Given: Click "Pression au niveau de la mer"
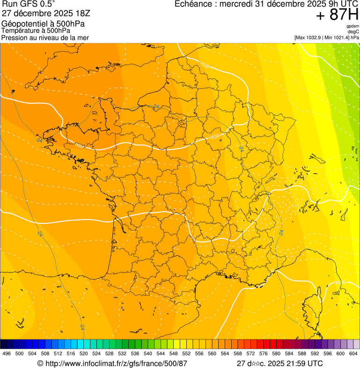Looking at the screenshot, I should click(x=45, y=37).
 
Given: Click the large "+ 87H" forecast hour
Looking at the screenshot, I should click(x=337, y=15).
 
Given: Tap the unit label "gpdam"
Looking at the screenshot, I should click(x=353, y=26).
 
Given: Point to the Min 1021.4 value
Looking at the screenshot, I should click(x=338, y=37).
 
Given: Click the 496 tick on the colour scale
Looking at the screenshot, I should click(x=7, y=354).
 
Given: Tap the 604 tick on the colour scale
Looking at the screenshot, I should click(x=353, y=354).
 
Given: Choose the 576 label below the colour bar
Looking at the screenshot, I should click(x=264, y=354).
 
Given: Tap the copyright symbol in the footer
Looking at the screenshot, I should click(x=40, y=363).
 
